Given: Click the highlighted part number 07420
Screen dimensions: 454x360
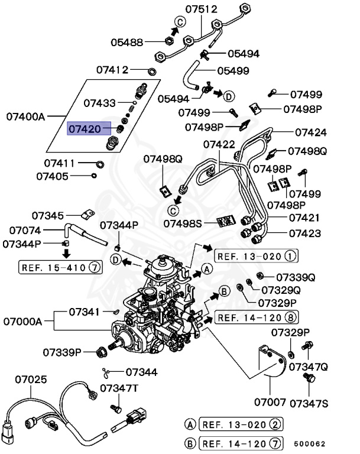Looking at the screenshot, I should click(85, 128).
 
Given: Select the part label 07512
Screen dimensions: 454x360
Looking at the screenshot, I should click(201, 9).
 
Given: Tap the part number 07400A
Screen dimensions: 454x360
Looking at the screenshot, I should click(26, 116).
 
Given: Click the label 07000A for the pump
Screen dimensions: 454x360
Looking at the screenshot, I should click(22, 322).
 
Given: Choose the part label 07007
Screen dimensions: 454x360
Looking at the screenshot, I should click(270, 403).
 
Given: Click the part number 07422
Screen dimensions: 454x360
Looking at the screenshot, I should click(219, 144).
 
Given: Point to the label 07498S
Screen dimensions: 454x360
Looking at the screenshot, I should click(183, 223).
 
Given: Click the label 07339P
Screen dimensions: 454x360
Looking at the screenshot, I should click(61, 353).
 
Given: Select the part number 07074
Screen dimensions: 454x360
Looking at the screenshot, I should click(24, 231).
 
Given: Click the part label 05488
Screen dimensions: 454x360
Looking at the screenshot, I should click(127, 42).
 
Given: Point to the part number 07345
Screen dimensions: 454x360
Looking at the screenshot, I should click(47, 216).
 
